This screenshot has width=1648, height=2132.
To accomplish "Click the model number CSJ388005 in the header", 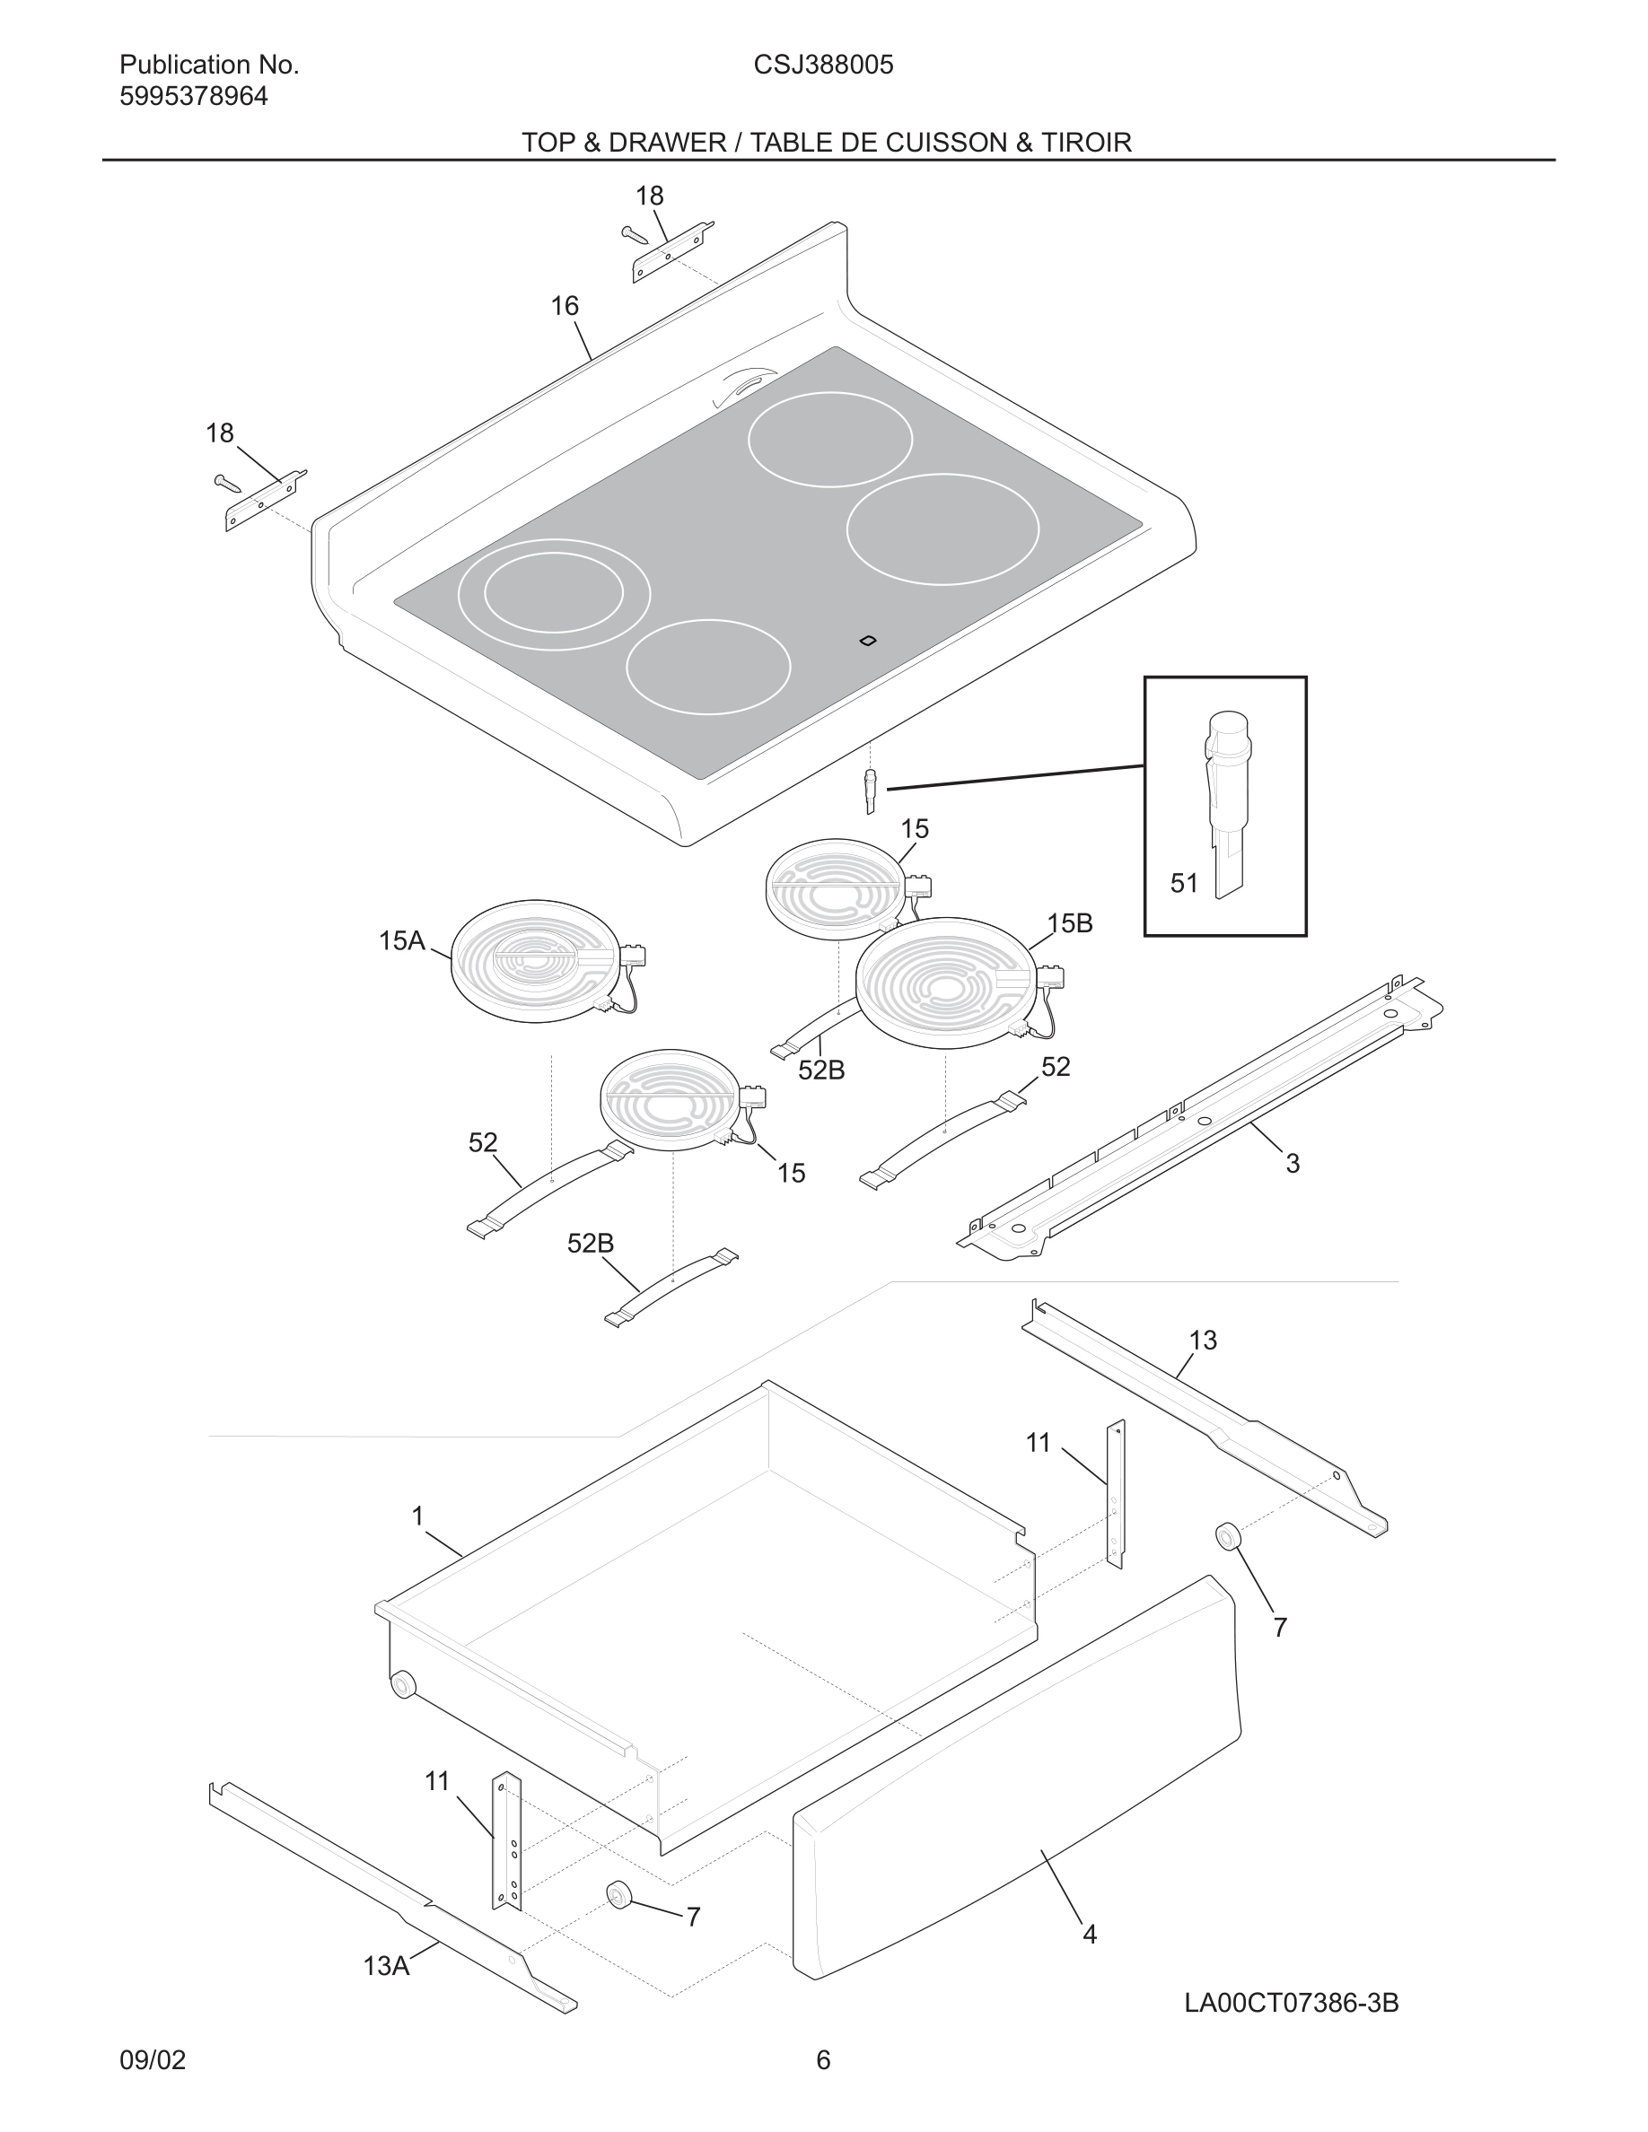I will point(823,66).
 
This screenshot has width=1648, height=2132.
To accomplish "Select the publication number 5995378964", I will point(193,97).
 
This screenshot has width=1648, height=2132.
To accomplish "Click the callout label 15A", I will point(401,941).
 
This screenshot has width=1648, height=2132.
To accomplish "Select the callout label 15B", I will point(1069,923).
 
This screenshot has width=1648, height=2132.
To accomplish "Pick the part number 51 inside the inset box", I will point(1183,884).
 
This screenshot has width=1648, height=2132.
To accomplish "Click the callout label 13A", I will point(386,1966).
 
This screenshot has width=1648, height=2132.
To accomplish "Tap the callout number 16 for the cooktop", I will point(565,307).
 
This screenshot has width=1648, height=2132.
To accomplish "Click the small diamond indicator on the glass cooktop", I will point(867,641).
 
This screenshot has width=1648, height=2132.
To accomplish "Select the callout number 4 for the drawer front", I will point(1090,1934).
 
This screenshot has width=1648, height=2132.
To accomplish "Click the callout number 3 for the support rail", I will point(1292,1164).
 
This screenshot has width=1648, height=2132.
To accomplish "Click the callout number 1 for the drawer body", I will point(418,1516).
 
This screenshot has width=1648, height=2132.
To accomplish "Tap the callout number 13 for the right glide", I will point(1203,1341).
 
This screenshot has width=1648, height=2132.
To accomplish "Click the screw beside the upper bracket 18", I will point(634,234).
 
